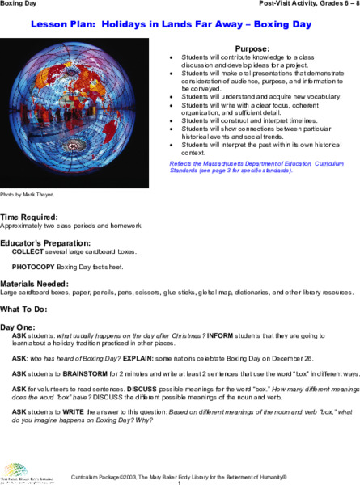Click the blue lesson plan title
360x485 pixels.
tap(179, 25)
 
